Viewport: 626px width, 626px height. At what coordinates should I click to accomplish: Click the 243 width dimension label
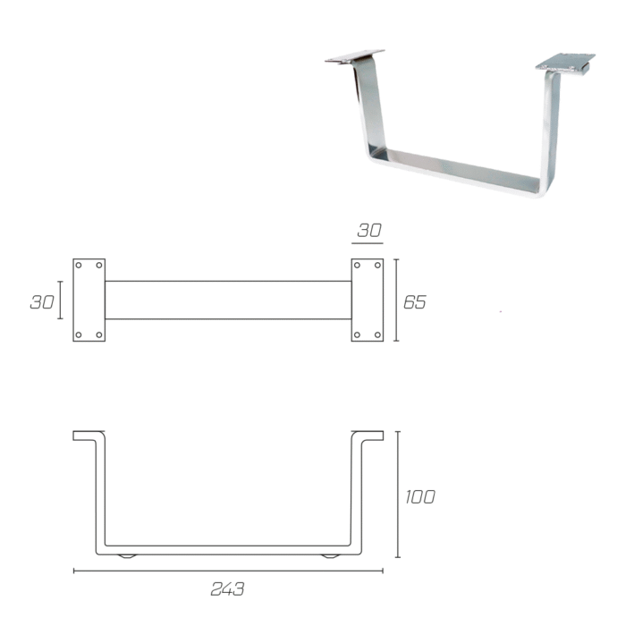point(227,588)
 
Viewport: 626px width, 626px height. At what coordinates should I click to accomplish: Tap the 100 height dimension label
point(420,497)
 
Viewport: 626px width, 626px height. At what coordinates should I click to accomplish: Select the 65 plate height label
point(415,302)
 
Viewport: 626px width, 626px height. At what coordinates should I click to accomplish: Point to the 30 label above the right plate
point(369,231)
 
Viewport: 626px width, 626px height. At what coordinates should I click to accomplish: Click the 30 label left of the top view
point(42,302)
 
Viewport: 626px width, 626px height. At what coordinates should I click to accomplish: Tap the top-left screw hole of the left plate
point(79,265)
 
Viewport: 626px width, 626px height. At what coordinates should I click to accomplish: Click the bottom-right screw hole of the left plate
point(99,334)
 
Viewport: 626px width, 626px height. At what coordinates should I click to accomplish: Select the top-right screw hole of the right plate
point(377,265)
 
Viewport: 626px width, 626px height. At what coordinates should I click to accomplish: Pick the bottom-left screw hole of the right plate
point(358,334)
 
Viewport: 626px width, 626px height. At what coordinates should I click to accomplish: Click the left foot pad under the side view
point(127,556)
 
